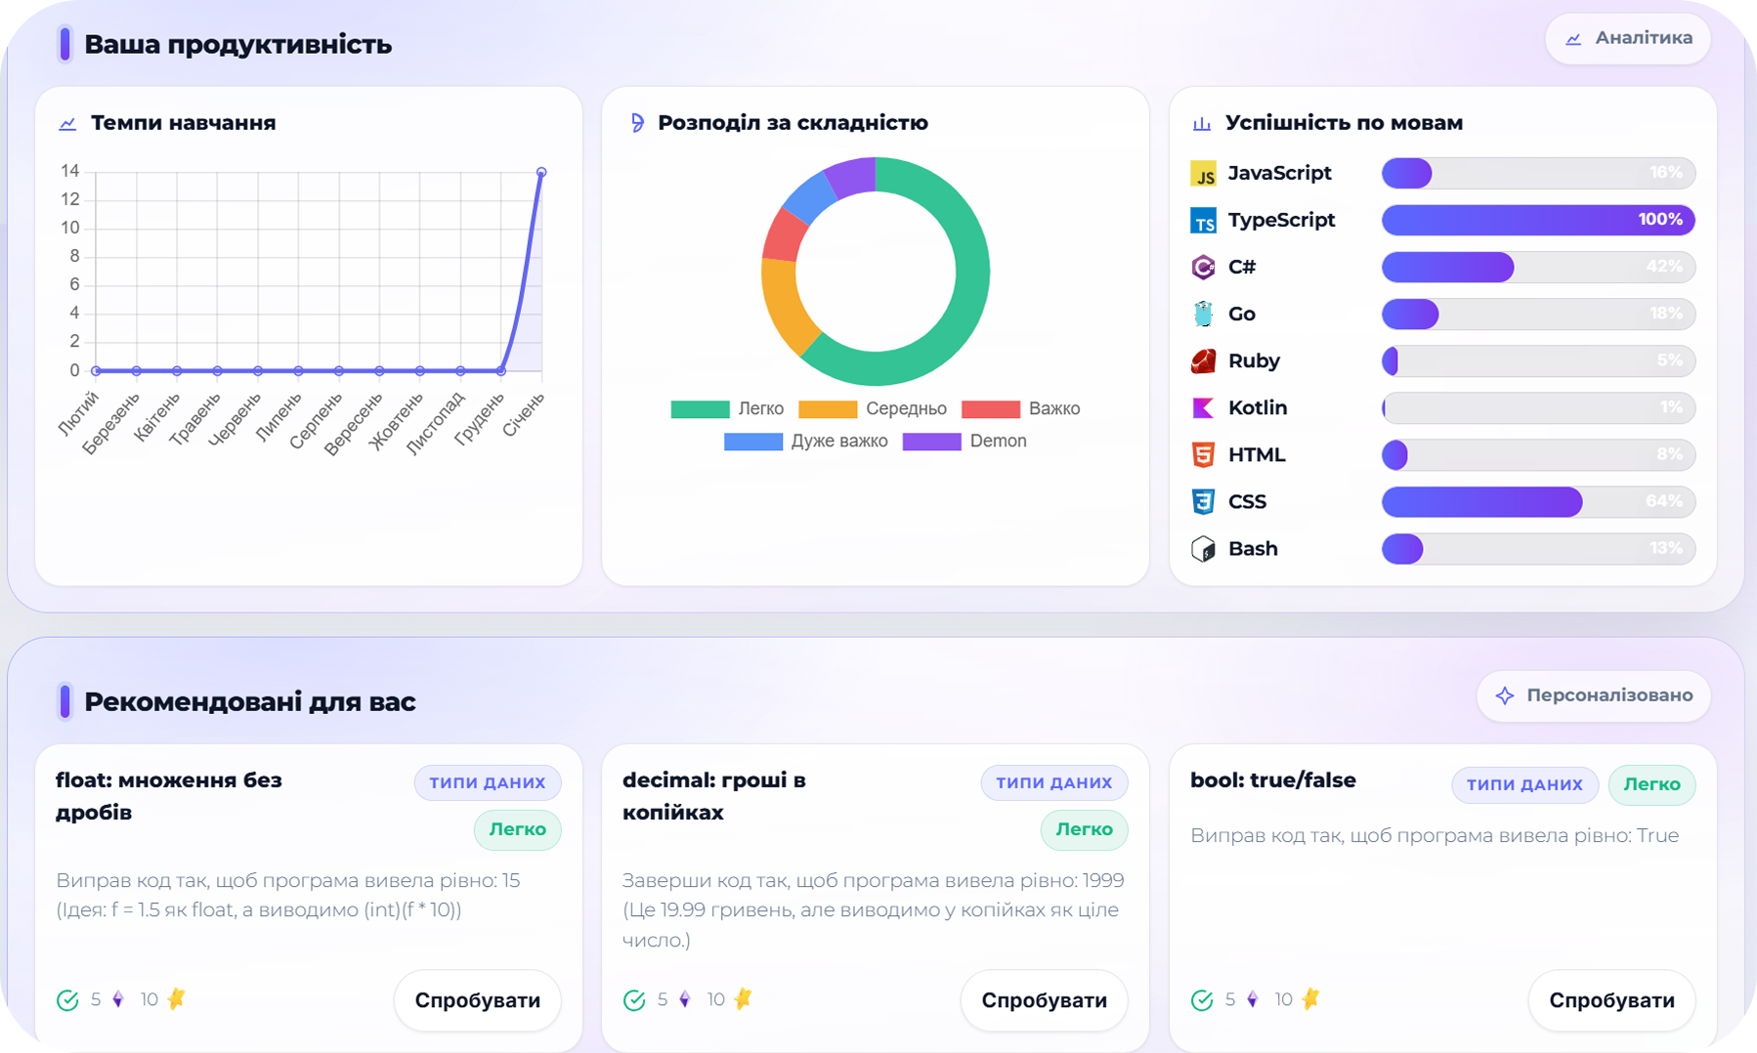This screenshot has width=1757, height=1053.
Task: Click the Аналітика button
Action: click(x=1628, y=38)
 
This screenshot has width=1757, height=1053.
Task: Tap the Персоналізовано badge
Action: click(x=1594, y=695)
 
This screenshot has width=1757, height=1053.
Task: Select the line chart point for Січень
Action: click(x=541, y=172)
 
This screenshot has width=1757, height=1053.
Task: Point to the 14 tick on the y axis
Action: click(x=69, y=171)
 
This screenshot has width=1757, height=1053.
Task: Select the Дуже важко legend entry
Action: click(x=806, y=442)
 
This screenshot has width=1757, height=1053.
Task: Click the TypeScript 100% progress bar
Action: click(x=1537, y=220)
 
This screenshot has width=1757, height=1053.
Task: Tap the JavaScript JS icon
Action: click(x=1203, y=174)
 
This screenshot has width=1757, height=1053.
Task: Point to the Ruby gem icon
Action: click(x=1203, y=361)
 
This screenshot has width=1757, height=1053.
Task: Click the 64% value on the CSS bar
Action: click(x=1663, y=501)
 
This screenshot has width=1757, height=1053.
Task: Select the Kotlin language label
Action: click(x=1257, y=407)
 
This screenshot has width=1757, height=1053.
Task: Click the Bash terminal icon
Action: click(x=1203, y=549)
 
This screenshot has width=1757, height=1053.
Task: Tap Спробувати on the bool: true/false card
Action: click(x=1611, y=1000)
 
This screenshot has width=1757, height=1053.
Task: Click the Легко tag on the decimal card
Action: click(x=1084, y=829)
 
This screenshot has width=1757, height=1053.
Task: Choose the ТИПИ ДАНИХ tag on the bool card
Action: click(x=1524, y=784)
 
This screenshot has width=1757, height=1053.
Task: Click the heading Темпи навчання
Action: click(x=183, y=123)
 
